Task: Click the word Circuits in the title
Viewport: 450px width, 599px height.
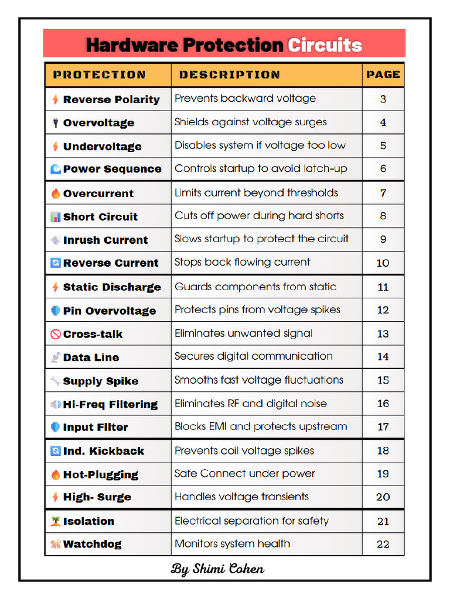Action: (325, 45)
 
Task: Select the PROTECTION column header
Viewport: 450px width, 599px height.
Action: (99, 75)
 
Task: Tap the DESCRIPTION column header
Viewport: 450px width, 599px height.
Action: (229, 75)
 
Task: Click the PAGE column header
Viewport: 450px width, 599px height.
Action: (383, 75)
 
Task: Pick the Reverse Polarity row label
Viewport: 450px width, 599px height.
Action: (111, 99)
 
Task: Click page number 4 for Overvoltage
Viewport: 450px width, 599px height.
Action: (383, 122)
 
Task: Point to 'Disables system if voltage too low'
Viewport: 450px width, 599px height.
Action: (260, 145)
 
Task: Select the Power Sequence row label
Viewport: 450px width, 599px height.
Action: (112, 169)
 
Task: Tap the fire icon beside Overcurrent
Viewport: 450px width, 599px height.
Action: (56, 194)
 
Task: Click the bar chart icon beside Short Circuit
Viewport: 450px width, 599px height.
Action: (56, 217)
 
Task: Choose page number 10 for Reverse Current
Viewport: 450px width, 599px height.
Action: (383, 263)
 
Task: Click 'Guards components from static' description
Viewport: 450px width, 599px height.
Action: (255, 287)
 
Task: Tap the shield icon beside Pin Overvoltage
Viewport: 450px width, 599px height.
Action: (56, 311)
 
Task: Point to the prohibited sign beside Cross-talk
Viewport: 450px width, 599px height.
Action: (56, 335)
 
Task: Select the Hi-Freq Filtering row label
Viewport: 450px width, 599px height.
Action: (110, 404)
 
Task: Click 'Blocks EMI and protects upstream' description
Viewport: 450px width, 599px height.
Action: (261, 426)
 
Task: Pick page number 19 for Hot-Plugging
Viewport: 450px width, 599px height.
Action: (383, 474)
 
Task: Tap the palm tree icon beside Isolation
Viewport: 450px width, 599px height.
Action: (56, 521)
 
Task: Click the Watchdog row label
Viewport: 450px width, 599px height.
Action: (92, 544)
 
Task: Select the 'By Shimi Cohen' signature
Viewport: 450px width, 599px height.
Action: (217, 569)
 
